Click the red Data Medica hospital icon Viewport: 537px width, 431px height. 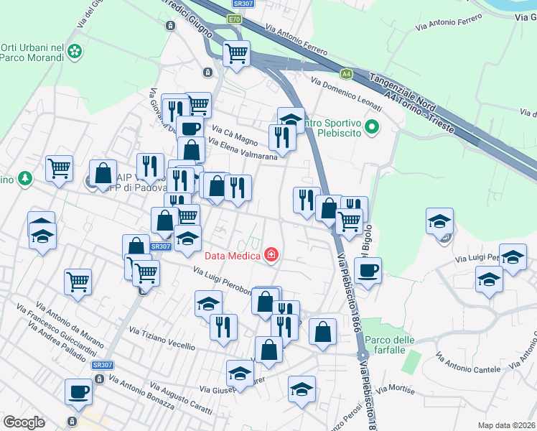click(271, 254)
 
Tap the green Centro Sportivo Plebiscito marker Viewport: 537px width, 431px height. click(371, 129)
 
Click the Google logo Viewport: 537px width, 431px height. click(24, 422)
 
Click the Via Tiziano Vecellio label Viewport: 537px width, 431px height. click(162, 338)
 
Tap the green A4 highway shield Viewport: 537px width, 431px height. click(347, 73)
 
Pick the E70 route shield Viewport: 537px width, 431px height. click(234, 19)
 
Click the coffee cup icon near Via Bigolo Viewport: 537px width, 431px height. click(368, 271)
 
